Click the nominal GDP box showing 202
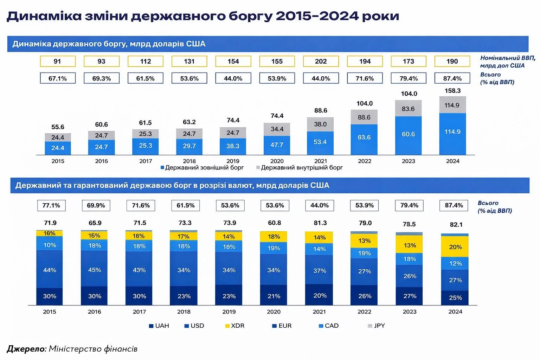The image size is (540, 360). pyautogui.click(x=321, y=61)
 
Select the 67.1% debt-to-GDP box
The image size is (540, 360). pyautogui.click(x=58, y=78)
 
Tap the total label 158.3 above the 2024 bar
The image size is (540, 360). pyautogui.click(x=452, y=91)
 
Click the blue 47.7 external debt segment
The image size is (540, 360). pyautogui.click(x=277, y=145)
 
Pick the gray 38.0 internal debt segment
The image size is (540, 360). pyautogui.click(x=320, y=124)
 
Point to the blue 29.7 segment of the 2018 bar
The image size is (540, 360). pyautogui.click(x=189, y=146)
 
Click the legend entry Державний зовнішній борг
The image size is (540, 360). pyautogui.click(x=202, y=168)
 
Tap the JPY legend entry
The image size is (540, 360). pyautogui.click(x=377, y=326)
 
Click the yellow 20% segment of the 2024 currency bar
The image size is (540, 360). pyautogui.click(x=455, y=247)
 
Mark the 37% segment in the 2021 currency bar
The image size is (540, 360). pyautogui.click(x=320, y=270)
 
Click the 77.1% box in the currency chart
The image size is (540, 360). pyautogui.click(x=51, y=205)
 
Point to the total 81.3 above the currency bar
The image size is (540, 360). pyautogui.click(x=320, y=223)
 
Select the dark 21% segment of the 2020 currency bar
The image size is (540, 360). pyautogui.click(x=274, y=296)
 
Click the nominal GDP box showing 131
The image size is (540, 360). pyautogui.click(x=189, y=61)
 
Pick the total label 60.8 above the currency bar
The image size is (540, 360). pyautogui.click(x=274, y=223)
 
